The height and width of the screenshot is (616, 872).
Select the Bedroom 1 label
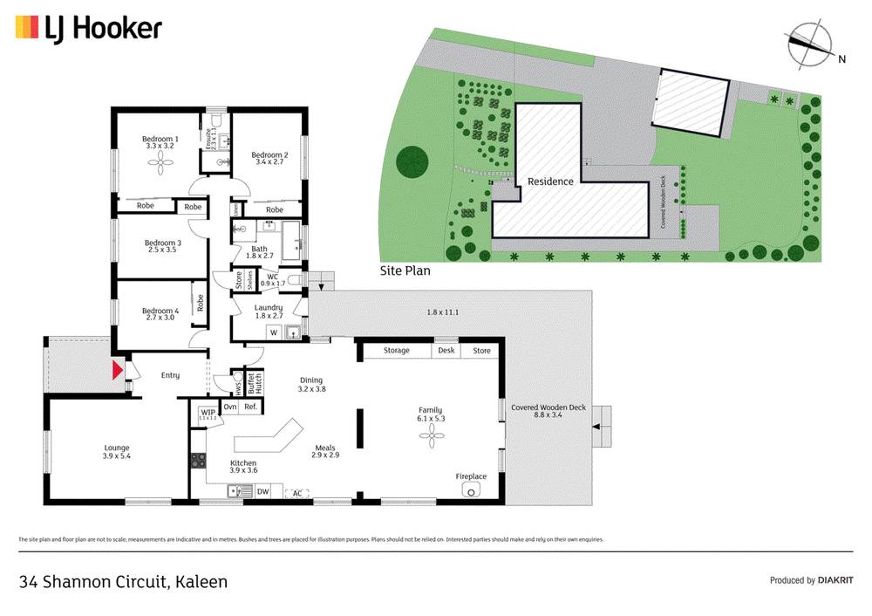click(x=160, y=139)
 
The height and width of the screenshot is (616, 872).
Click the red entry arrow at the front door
click(x=115, y=371)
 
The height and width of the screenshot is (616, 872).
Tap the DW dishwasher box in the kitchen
click(x=262, y=491)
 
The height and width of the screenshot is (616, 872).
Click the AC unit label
click(x=297, y=493)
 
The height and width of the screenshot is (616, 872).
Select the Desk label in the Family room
click(x=447, y=351)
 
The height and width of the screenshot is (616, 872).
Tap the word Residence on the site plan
click(x=550, y=181)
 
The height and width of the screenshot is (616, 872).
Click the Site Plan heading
click(x=405, y=270)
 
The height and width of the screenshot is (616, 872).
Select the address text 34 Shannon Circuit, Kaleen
click(x=123, y=581)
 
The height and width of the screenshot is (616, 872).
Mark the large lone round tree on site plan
click(x=412, y=162)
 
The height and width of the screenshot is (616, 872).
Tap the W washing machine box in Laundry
click(x=273, y=332)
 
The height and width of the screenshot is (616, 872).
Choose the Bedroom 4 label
click(x=160, y=311)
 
